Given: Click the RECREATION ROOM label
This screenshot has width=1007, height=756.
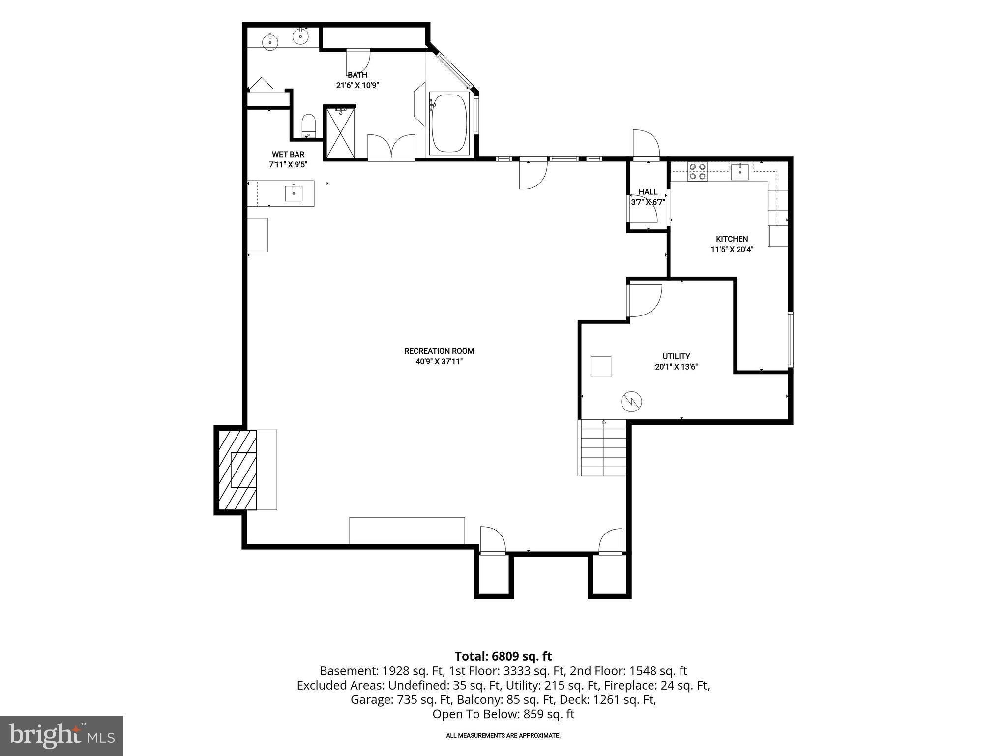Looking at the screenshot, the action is pyautogui.click(x=439, y=351).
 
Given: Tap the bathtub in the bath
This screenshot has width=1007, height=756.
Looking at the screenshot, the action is pyautogui.click(x=448, y=124).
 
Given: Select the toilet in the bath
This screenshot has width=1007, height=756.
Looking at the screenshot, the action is pyautogui.click(x=308, y=126).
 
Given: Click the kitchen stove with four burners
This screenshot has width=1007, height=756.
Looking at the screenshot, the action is pyautogui.click(x=697, y=171).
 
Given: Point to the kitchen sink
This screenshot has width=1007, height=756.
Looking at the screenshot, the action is pyautogui.click(x=740, y=171).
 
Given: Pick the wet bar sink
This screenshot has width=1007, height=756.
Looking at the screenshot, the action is pyautogui.click(x=294, y=192).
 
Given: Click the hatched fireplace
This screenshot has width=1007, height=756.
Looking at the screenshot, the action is pyautogui.click(x=237, y=470).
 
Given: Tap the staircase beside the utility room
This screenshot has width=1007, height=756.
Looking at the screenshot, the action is pyautogui.click(x=603, y=447).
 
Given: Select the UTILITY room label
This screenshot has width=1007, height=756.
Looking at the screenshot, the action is pyautogui.click(x=676, y=356).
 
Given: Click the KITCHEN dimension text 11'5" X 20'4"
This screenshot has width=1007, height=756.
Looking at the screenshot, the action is pyautogui.click(x=732, y=250).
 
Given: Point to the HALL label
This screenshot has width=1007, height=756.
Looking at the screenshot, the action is pyautogui.click(x=648, y=192).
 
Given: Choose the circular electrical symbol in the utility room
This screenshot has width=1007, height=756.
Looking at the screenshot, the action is pyautogui.click(x=632, y=402).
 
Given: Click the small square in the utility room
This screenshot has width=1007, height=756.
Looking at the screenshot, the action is pyautogui.click(x=600, y=366).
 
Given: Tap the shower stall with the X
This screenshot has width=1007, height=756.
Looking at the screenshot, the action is pyautogui.click(x=341, y=132).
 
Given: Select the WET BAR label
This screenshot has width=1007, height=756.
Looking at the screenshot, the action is pyautogui.click(x=288, y=155).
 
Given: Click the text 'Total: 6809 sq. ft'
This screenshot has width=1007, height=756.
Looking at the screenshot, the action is pyautogui.click(x=503, y=656).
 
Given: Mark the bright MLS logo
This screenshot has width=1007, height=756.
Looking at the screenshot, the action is pyautogui.click(x=61, y=735).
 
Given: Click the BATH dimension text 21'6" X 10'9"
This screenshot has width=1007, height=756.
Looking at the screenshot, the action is pyautogui.click(x=357, y=85).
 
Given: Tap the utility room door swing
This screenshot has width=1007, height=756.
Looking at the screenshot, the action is pyautogui.click(x=644, y=300).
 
